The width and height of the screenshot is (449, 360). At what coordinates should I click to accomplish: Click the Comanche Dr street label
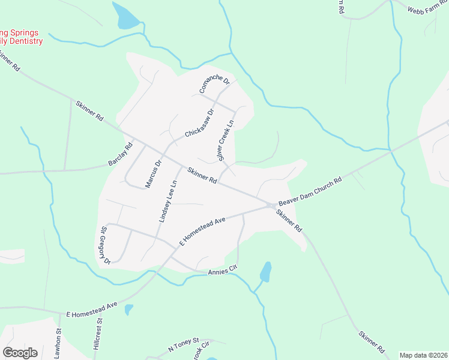[x=214, y=85]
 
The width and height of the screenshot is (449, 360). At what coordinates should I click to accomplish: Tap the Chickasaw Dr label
[x=199, y=123]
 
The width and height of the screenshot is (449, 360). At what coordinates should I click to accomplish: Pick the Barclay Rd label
[x=120, y=155]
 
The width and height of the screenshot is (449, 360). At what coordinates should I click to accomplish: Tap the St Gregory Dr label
[x=105, y=245]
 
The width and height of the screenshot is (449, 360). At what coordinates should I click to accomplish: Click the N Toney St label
[x=183, y=346]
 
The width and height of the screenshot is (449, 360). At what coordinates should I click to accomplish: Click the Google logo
[x=20, y=352]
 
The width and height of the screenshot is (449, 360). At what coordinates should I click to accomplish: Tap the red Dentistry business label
[x=22, y=37]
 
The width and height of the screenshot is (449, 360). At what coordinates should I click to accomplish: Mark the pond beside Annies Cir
[x=265, y=272]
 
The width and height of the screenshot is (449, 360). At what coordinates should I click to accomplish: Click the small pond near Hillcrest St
[x=128, y=310]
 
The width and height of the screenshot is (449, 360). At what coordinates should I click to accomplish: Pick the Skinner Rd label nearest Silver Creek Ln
[x=202, y=175]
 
